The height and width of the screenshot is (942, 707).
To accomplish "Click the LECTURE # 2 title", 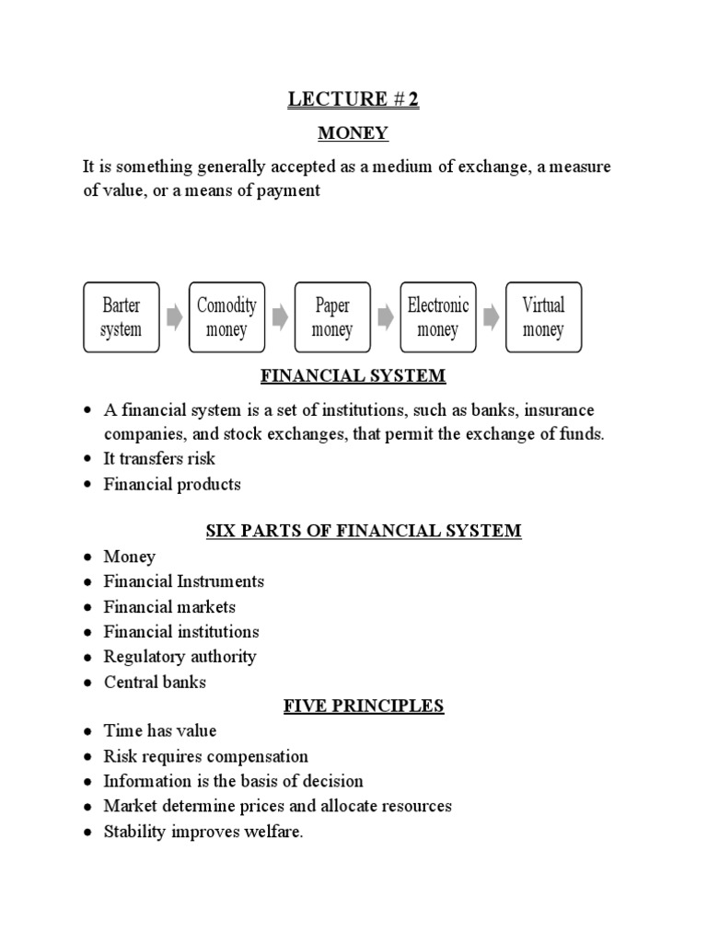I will point(353,100).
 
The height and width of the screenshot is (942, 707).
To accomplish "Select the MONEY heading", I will point(353,134).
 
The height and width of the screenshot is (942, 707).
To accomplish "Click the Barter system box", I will point(121,317).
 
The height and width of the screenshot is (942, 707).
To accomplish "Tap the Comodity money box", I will point(226,317).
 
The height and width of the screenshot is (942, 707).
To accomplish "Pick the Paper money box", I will point(331,317).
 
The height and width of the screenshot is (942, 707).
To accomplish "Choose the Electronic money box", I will point(437,317).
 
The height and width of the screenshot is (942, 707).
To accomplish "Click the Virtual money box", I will point(543,317).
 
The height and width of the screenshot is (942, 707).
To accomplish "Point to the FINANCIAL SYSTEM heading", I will point(353,376).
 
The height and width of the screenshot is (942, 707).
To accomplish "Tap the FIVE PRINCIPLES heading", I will point(353,706).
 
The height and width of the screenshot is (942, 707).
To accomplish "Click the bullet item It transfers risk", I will point(159,458).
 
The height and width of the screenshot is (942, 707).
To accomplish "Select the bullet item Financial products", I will point(172,484).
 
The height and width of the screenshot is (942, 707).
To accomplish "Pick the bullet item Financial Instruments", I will point(183,581).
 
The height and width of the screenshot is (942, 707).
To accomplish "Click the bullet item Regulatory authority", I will point(180,657).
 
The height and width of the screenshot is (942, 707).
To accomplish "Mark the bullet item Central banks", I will point(155,683).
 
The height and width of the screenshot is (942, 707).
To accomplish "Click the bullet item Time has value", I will point(160,731).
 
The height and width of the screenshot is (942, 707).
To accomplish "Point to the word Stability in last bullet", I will point(134,832).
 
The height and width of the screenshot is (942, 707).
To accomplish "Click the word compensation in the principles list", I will point(258,757).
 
